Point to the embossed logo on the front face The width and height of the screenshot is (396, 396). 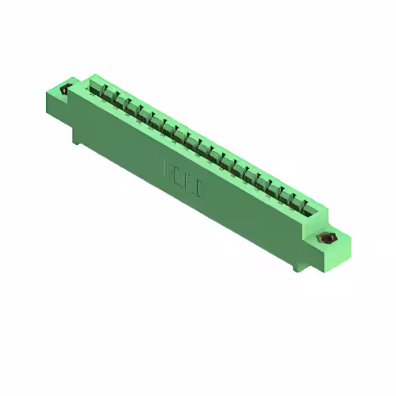[x=185, y=179]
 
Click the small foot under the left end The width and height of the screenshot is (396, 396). [x=76, y=140]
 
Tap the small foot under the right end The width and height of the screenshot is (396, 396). [x=295, y=269]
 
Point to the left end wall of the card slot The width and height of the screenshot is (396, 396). [x=87, y=83]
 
